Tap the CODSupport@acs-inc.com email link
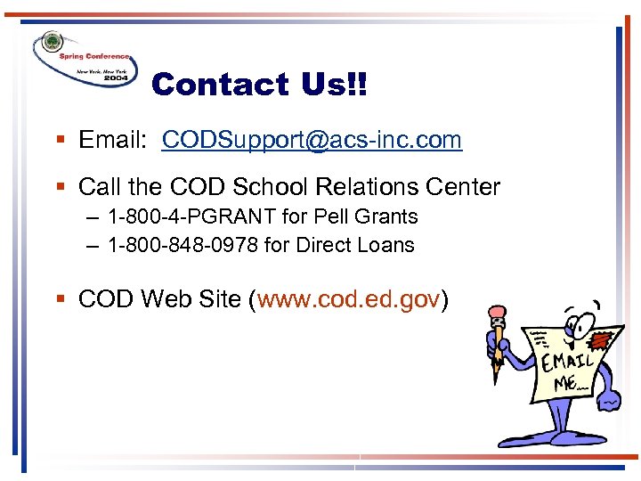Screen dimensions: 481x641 pos(312,140)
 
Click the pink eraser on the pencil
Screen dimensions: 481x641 pos(497,312)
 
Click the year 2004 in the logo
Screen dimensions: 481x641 pos(116,77)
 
